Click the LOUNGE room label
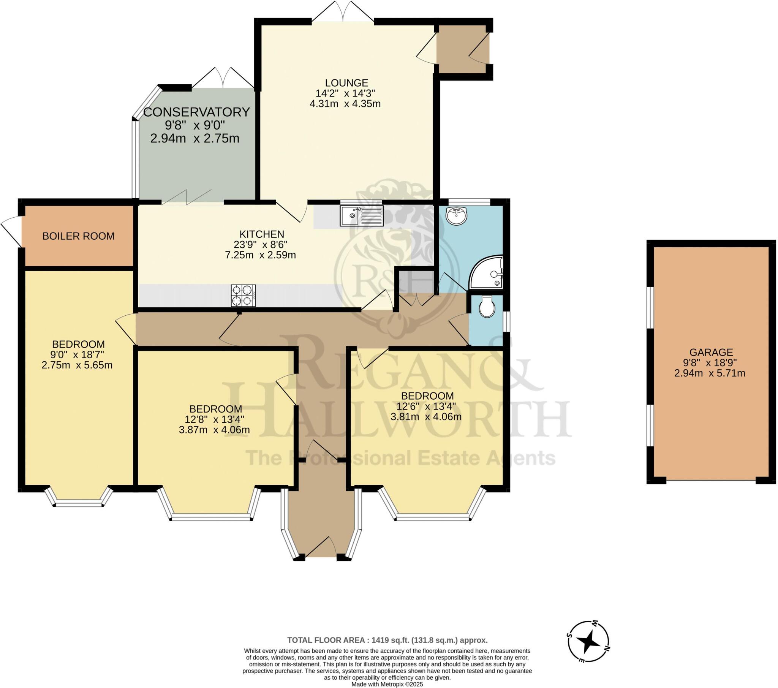[346, 82]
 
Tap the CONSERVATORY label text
[196, 112]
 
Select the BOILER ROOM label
[78, 236]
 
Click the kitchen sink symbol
[362, 216]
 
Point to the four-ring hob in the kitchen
[243, 296]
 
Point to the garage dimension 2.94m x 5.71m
[710, 373]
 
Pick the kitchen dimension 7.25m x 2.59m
[261, 255]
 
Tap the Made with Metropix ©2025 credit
[387, 684]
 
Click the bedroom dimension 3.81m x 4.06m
[426, 416]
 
